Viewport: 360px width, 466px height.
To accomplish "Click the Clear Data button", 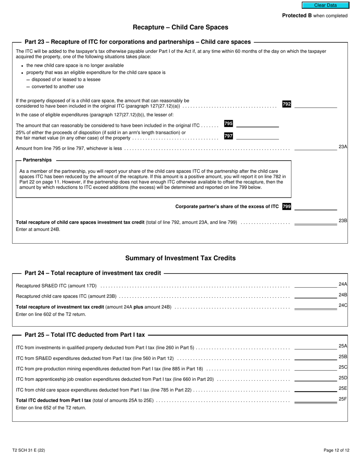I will (325, 5).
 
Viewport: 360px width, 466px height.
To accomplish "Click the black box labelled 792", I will (286, 104).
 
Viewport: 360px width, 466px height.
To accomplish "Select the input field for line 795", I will (257, 124).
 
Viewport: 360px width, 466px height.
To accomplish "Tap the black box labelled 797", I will (229, 136).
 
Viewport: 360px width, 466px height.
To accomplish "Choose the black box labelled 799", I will (286, 206).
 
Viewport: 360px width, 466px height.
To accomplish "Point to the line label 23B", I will (343, 221).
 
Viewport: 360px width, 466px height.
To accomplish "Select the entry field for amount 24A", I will (315, 285).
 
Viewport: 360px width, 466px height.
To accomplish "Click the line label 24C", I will (343, 305).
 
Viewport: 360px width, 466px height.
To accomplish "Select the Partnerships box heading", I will (37, 160).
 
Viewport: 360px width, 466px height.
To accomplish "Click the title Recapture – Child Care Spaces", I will (180, 27).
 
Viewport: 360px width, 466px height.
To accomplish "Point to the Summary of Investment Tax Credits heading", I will (180, 258).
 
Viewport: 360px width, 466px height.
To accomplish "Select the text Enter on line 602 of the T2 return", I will (51, 314).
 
